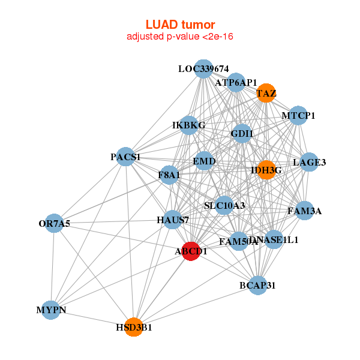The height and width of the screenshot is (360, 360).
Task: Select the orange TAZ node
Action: tap(265, 93)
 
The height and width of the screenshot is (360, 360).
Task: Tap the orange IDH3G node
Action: tap(266, 170)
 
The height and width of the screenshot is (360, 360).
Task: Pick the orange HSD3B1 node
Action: tap(134, 328)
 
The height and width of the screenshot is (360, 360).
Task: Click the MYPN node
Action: tap(51, 310)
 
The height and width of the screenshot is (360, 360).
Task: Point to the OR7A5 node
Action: tap(54, 224)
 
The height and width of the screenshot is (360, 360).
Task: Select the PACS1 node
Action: tap(125, 157)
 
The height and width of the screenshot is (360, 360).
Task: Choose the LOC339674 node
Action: tap(203, 69)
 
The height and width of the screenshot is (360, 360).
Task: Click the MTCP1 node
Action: tap(298, 115)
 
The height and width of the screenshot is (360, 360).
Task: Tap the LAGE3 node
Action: tap(309, 162)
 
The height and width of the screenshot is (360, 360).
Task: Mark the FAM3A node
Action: tap(304, 211)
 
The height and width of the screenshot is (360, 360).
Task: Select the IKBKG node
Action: tap(189, 125)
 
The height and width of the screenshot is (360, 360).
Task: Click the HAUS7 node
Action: tap(173, 220)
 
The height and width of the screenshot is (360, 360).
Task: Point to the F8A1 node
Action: tap(169, 175)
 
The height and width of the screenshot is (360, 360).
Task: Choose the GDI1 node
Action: tap(241, 134)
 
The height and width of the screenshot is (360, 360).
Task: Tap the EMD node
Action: tap(204, 161)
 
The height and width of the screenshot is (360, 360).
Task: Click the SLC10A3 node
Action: tap(224, 206)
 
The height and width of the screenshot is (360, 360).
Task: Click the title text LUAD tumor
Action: tap(180, 25)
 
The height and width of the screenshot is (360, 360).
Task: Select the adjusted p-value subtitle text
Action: tap(180, 37)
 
